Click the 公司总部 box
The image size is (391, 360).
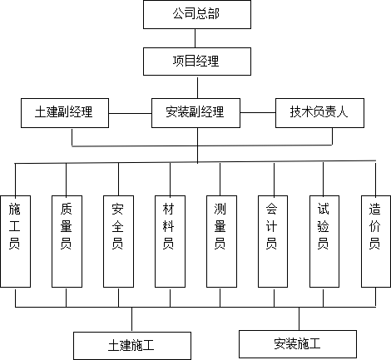coord(197,14)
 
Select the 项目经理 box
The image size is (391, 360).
coord(197,62)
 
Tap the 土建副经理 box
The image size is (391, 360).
coord(65,113)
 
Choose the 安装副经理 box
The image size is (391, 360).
coord(195,113)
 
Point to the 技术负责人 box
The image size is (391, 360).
coord(319,113)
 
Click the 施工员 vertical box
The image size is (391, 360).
coord(15,241)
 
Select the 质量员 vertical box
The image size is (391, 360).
coord(67,241)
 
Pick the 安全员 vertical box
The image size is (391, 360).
coord(118,241)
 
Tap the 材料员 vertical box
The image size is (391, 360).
coord(170,241)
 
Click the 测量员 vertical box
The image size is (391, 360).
coord(221,241)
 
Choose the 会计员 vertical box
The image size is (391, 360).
coord(273,241)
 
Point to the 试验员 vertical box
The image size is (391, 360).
coord(324,241)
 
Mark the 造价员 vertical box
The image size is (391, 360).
coord(376,241)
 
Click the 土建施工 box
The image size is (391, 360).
coord(132,346)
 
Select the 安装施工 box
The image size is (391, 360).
coord(298,344)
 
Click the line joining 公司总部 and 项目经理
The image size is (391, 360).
coord(195,38)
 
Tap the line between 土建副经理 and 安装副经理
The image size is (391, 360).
coord(130,113)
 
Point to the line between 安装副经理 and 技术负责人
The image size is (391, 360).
coord(258,113)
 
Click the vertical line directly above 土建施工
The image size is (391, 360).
coord(131,319)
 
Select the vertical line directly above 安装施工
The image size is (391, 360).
coord(299,318)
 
